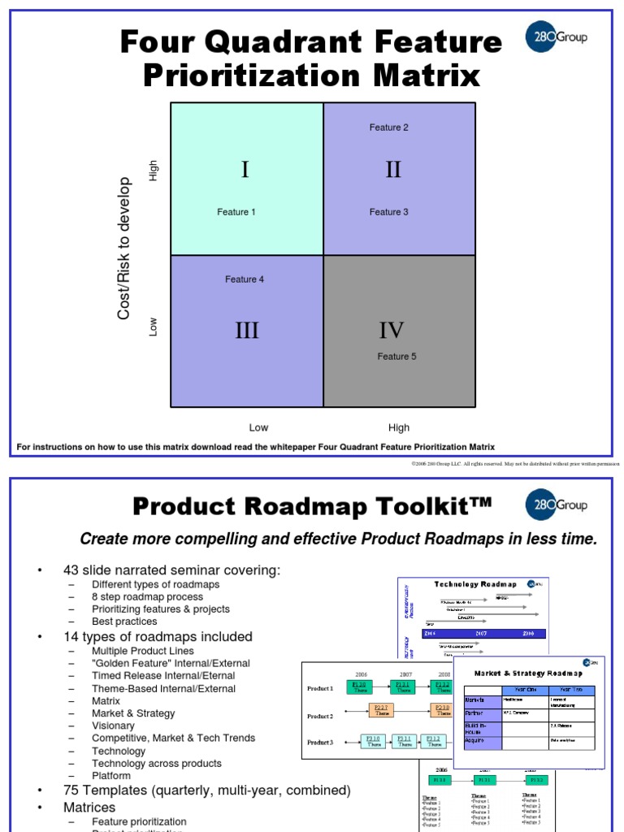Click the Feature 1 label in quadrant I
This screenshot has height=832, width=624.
click(x=236, y=212)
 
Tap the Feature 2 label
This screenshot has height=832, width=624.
click(x=389, y=128)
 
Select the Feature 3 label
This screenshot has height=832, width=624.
click(x=389, y=212)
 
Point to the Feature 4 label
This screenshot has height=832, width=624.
click(x=245, y=279)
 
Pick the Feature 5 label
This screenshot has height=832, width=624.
click(x=397, y=357)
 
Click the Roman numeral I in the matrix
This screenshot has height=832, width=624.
click(x=245, y=170)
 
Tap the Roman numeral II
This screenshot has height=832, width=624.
click(x=393, y=170)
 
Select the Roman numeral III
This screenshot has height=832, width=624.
click(x=247, y=330)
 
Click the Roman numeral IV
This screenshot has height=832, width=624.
click(x=392, y=330)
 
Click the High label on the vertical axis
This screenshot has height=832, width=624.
click(x=154, y=171)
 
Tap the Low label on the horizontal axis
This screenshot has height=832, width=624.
click(x=258, y=427)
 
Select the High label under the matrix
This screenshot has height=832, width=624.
click(x=399, y=427)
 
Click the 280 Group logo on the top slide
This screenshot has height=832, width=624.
click(x=556, y=37)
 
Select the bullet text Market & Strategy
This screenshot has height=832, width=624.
click(x=133, y=713)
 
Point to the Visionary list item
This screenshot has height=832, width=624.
click(x=113, y=726)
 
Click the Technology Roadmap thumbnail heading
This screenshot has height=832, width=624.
click(x=475, y=583)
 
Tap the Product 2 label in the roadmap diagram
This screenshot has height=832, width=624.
click(x=320, y=716)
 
